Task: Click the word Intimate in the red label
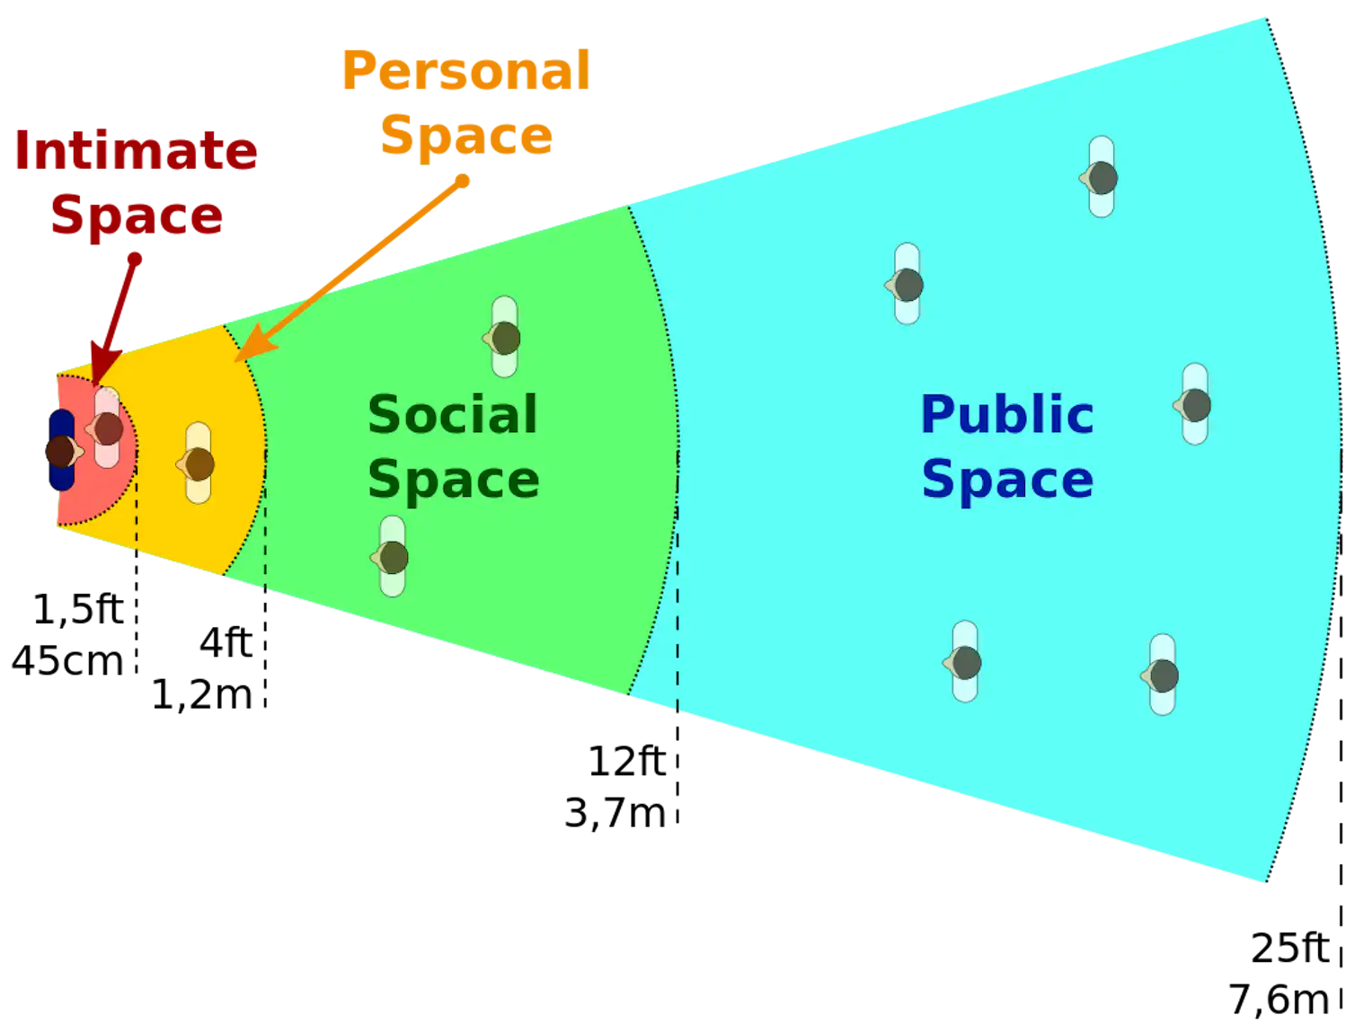(x=136, y=151)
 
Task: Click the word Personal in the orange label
(x=466, y=71)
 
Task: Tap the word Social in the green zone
(x=453, y=415)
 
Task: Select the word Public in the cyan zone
(x=1007, y=415)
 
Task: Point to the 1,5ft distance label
(x=78, y=609)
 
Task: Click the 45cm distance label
(x=68, y=661)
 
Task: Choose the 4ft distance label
(x=226, y=643)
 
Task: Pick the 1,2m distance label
(x=202, y=695)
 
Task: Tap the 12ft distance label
(x=627, y=762)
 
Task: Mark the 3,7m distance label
(x=616, y=813)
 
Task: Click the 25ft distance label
(x=1290, y=948)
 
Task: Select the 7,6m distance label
(x=1279, y=1000)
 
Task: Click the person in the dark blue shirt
(x=63, y=450)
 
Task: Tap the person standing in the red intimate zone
(x=105, y=428)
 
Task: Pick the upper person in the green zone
(x=502, y=337)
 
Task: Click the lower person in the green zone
(x=390, y=557)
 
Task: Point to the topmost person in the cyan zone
(x=1099, y=177)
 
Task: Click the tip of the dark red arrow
(x=95, y=385)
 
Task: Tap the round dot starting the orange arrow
(x=463, y=181)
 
